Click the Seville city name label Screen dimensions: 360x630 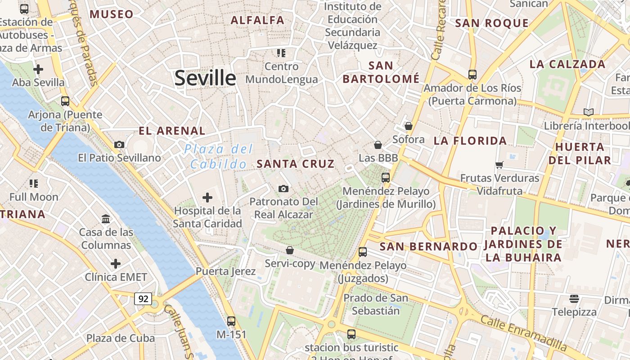(205, 78)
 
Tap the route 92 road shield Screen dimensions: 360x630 (143, 298)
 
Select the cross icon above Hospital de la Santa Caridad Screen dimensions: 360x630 (207, 197)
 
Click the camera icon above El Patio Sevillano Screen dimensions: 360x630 (119, 144)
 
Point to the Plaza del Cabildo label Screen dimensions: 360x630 (219, 157)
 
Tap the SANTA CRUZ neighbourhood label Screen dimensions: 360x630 (296, 164)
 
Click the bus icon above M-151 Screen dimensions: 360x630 (231, 321)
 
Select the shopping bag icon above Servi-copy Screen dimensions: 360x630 (290, 250)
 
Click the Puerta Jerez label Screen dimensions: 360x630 (225, 271)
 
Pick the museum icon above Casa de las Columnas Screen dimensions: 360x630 (106, 219)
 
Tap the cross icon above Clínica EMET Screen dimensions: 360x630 (116, 263)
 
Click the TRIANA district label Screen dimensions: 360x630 (22, 214)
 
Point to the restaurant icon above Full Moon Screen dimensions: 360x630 (34, 183)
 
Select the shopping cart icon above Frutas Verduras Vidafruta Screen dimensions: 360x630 (499, 165)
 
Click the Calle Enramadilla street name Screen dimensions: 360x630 (523, 333)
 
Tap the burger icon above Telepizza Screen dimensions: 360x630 (574, 298)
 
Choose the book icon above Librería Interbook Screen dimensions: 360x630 (588, 112)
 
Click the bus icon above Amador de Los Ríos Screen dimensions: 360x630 (472, 74)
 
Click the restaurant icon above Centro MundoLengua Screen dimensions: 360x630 (281, 53)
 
